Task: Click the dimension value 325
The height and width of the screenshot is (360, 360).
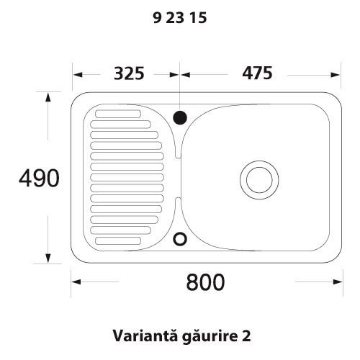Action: [130, 73]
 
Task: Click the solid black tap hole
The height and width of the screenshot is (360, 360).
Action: [179, 115]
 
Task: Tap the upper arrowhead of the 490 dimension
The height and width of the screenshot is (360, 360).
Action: [48, 96]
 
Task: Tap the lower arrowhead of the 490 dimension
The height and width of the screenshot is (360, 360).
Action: [48, 260]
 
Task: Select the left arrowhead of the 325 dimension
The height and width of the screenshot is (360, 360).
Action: [76, 73]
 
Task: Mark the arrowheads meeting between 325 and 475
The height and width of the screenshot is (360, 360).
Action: [179, 73]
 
